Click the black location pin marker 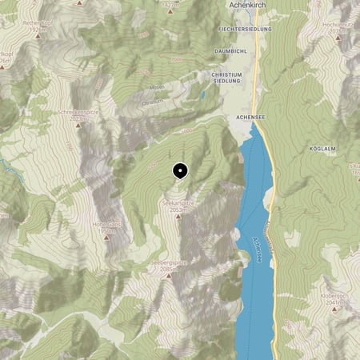coord(180,170)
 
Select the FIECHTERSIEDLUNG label coord(245,29)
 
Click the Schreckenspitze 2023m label coord(78,114)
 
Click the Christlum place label coord(152,102)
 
